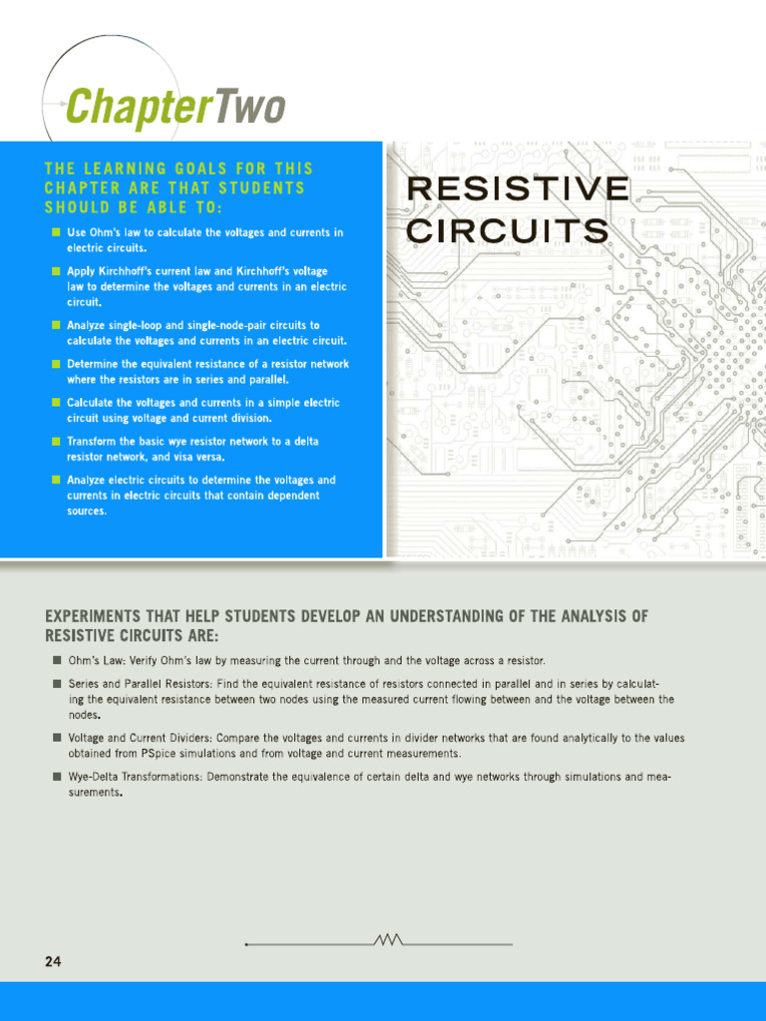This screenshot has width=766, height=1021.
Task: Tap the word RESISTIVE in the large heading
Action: point(519,188)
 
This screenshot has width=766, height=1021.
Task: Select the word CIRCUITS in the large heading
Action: point(509,231)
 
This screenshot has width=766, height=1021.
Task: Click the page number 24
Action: point(53,961)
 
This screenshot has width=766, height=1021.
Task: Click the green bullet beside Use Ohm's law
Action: point(56,232)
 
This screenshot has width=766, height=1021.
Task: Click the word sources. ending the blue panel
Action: point(87,510)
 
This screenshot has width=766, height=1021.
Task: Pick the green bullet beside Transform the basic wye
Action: point(56,442)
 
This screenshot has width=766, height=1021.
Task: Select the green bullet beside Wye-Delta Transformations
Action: point(56,776)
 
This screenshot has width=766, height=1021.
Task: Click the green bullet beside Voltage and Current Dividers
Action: point(56,738)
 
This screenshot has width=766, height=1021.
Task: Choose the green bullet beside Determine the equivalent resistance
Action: point(56,365)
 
